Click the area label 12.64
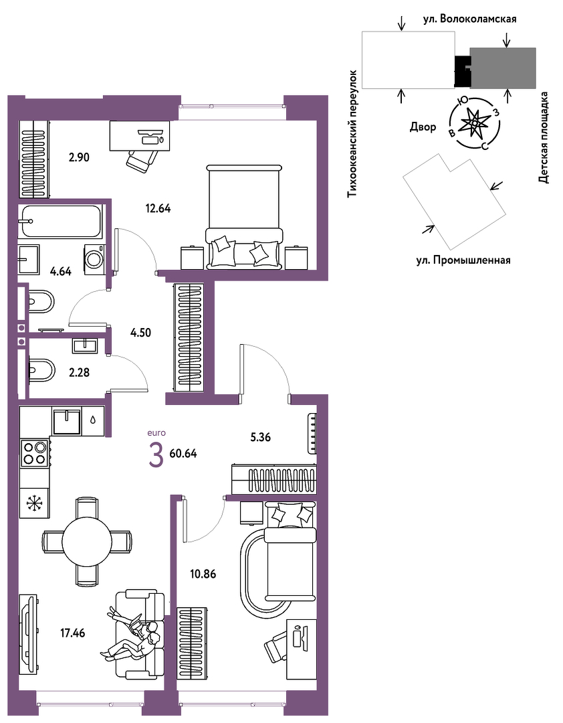tap(158, 208)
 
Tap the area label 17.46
tap(73, 633)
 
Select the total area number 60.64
tap(183, 454)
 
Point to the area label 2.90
tap(79, 157)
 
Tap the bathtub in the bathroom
tap(60, 221)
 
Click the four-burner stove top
tap(35, 453)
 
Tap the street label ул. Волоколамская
tap(470, 19)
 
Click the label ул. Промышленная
tap(463, 260)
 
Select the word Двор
tap(423, 127)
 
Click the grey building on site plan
tap(503, 68)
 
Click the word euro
tap(156, 433)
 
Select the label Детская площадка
tap(544, 137)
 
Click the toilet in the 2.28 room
tap(41, 370)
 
